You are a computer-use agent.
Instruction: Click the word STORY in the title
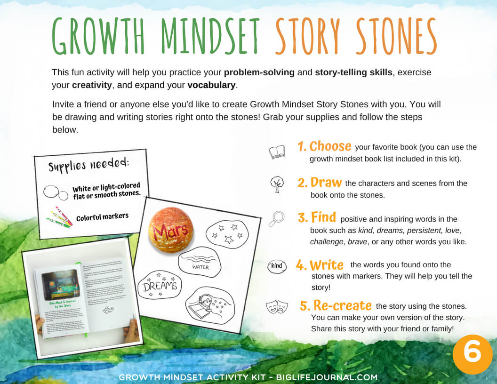pyautogui.click(x=308, y=37)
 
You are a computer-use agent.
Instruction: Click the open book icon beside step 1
pyautogui.click(x=277, y=152)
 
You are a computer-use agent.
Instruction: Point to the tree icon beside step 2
pyautogui.click(x=277, y=184)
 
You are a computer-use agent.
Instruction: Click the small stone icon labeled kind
pyautogui.click(x=277, y=266)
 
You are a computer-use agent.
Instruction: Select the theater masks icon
pyautogui.click(x=276, y=307)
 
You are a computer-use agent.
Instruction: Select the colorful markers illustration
pyautogui.click(x=59, y=217)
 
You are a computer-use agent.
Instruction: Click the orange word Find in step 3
pyautogui.click(x=323, y=217)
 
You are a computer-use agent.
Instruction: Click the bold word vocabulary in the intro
pyautogui.click(x=211, y=85)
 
